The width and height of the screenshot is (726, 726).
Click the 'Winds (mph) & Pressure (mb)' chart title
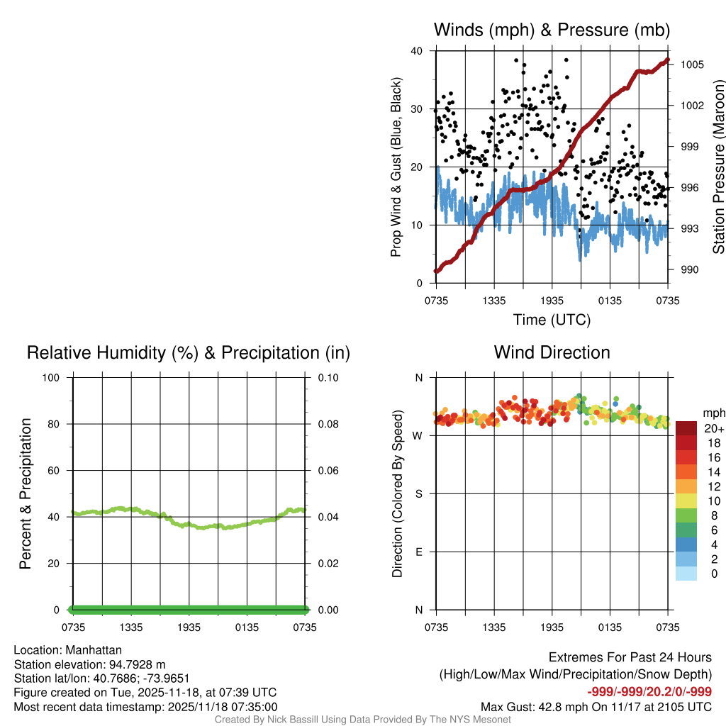click(552, 30)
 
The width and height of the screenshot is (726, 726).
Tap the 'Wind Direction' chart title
click(552, 352)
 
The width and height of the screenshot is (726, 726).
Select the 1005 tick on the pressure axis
click(691, 65)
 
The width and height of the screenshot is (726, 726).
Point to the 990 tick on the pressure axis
click(688, 270)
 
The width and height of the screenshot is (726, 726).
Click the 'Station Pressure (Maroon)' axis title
click(718, 167)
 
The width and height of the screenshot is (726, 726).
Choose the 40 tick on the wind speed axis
click(417, 51)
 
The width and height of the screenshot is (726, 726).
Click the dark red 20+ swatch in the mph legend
click(686, 429)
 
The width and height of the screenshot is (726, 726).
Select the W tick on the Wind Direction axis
click(418, 436)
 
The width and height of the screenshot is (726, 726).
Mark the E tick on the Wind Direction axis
click(418, 552)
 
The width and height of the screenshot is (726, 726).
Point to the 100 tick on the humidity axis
click(52, 378)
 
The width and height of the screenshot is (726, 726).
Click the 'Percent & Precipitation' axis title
click(26, 493)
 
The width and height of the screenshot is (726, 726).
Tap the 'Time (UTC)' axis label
click(552, 320)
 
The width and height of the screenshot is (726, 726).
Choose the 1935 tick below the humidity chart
click(189, 627)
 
